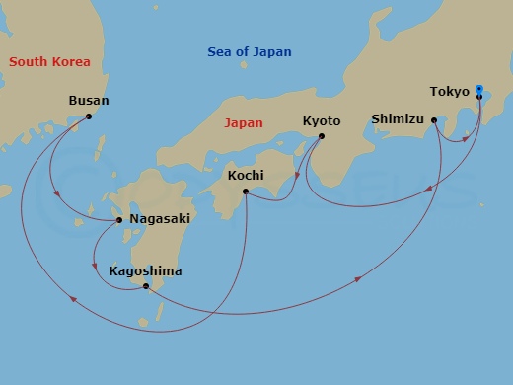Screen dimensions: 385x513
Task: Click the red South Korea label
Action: [49, 62]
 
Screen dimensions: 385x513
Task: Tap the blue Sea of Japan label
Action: [250, 51]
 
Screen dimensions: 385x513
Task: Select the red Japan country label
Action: [244, 124]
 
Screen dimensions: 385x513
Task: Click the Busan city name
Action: [89, 101]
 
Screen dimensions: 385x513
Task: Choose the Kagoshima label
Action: [146, 270]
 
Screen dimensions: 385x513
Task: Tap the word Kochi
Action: [245, 176]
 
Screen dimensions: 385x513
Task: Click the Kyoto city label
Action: [322, 121]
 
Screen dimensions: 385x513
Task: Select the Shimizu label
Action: [397, 119]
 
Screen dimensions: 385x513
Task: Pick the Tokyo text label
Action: [449, 92]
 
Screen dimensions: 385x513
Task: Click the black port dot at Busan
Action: [89, 116]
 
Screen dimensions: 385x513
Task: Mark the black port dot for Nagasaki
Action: [120, 219]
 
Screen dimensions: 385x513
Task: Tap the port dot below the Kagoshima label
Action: [146, 286]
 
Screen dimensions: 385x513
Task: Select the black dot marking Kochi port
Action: [245, 192]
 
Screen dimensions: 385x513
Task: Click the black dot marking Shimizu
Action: [433, 120]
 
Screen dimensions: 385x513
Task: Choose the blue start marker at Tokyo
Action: [478, 88]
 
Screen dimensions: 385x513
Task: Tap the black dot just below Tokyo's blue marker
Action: [478, 97]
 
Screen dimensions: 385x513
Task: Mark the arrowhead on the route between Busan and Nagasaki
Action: [57, 194]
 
